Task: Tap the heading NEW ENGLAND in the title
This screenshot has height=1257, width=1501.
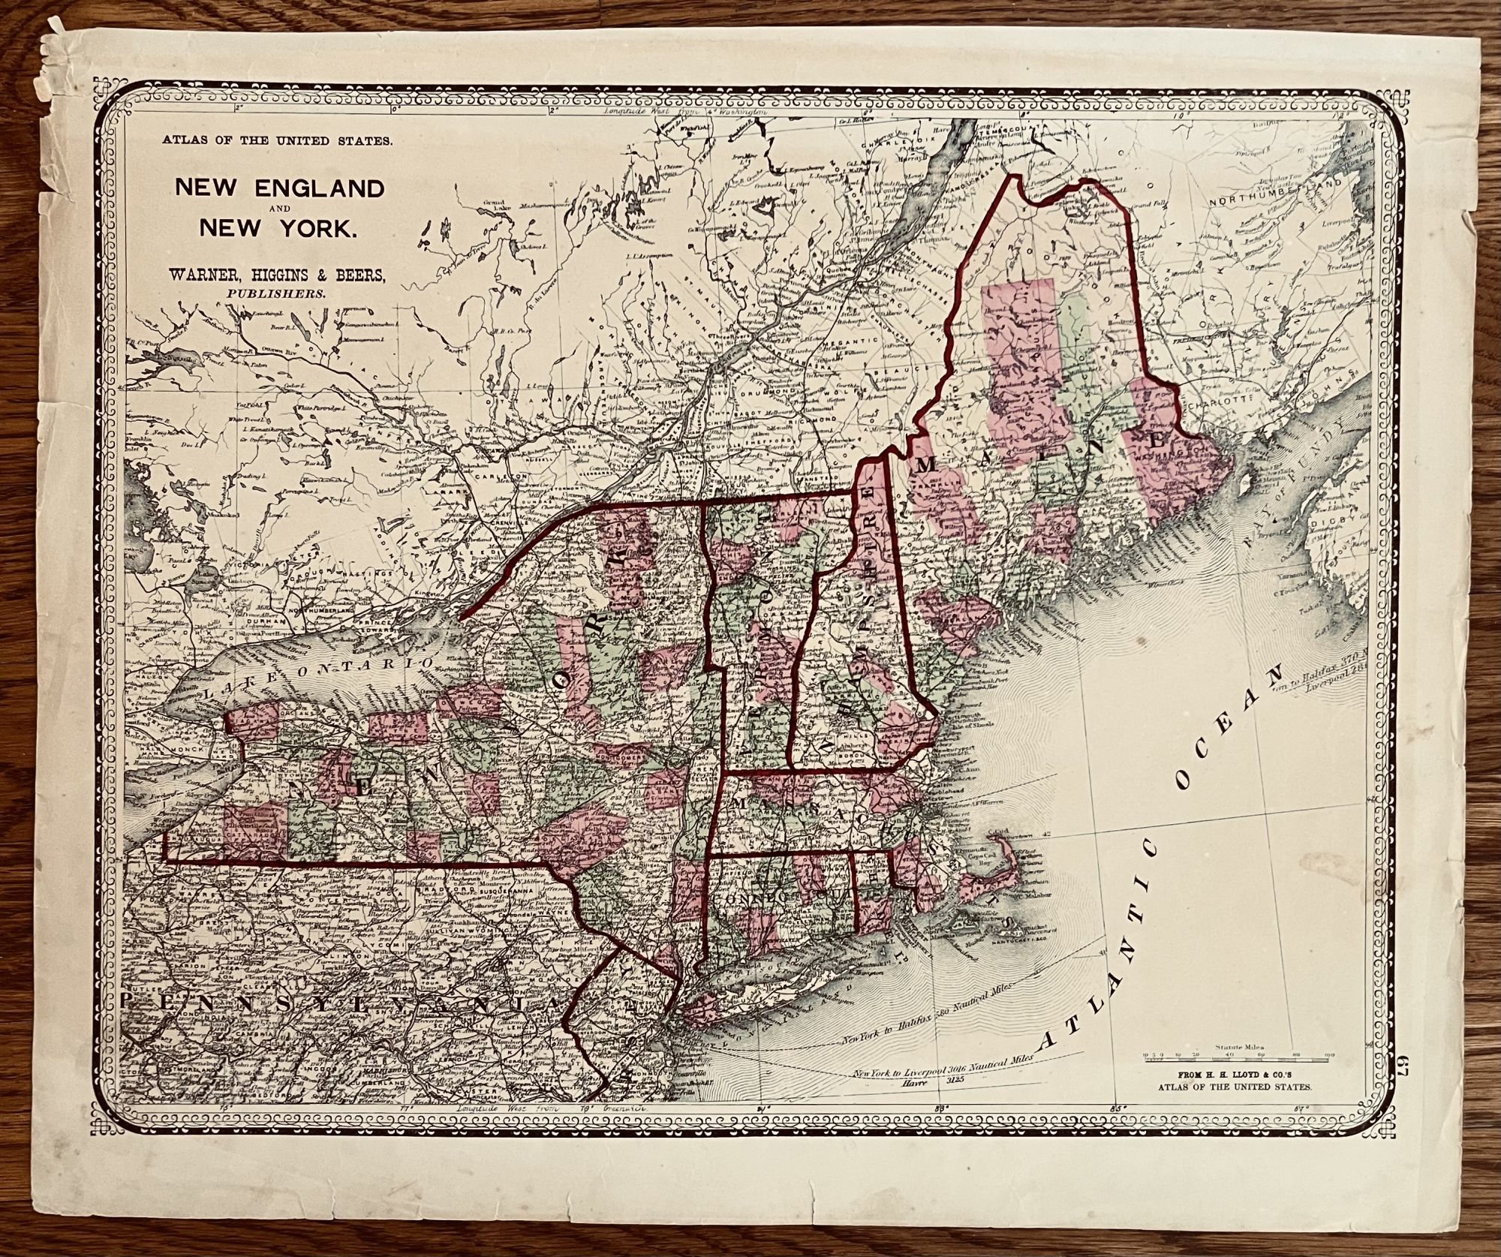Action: (x=278, y=188)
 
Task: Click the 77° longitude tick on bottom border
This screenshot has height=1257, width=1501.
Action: (x=406, y=1108)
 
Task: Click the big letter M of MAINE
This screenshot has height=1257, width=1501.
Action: (x=928, y=467)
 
